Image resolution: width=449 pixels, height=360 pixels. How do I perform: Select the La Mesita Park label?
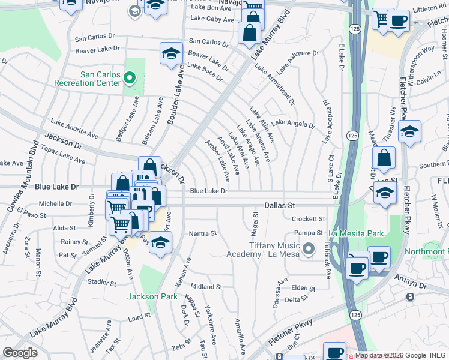coord(356,233)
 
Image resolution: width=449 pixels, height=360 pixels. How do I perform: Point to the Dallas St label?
coord(282,205)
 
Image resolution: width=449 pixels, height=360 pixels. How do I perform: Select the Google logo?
coord(20,353)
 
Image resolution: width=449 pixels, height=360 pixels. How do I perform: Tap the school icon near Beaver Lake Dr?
coord(171,53)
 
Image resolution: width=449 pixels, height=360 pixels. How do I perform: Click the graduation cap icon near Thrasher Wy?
coord(409,132)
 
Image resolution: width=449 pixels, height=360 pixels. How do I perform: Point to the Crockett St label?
coord(309,219)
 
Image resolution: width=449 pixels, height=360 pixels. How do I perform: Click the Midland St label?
coord(205,287)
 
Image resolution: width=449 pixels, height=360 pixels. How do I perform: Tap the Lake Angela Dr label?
coord(293,124)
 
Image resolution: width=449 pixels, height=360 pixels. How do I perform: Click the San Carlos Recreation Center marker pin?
coord(129,77)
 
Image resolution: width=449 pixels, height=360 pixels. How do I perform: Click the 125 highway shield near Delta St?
coord(355,314)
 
